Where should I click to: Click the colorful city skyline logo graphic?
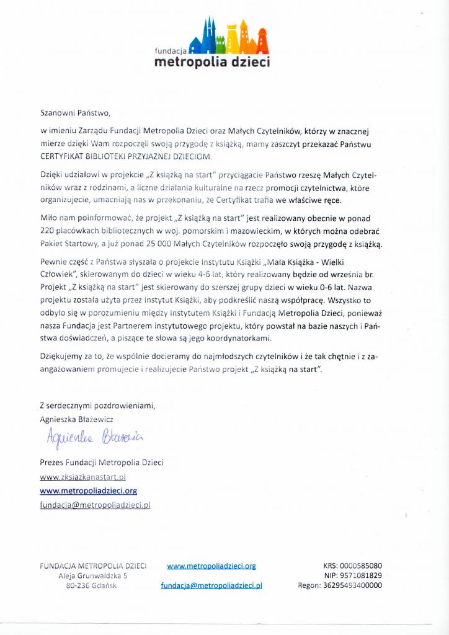coord(230,36)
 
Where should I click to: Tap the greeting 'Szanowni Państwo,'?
coord(74,113)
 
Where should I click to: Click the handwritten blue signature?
coord(93,439)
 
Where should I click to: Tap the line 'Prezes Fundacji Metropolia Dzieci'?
coord(102,463)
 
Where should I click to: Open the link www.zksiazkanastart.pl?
coord(83,477)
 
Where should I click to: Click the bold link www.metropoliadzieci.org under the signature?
coord(88,491)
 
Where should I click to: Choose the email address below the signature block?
coord(95,505)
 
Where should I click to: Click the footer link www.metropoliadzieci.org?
coord(211,566)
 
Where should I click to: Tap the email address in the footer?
coord(211,585)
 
